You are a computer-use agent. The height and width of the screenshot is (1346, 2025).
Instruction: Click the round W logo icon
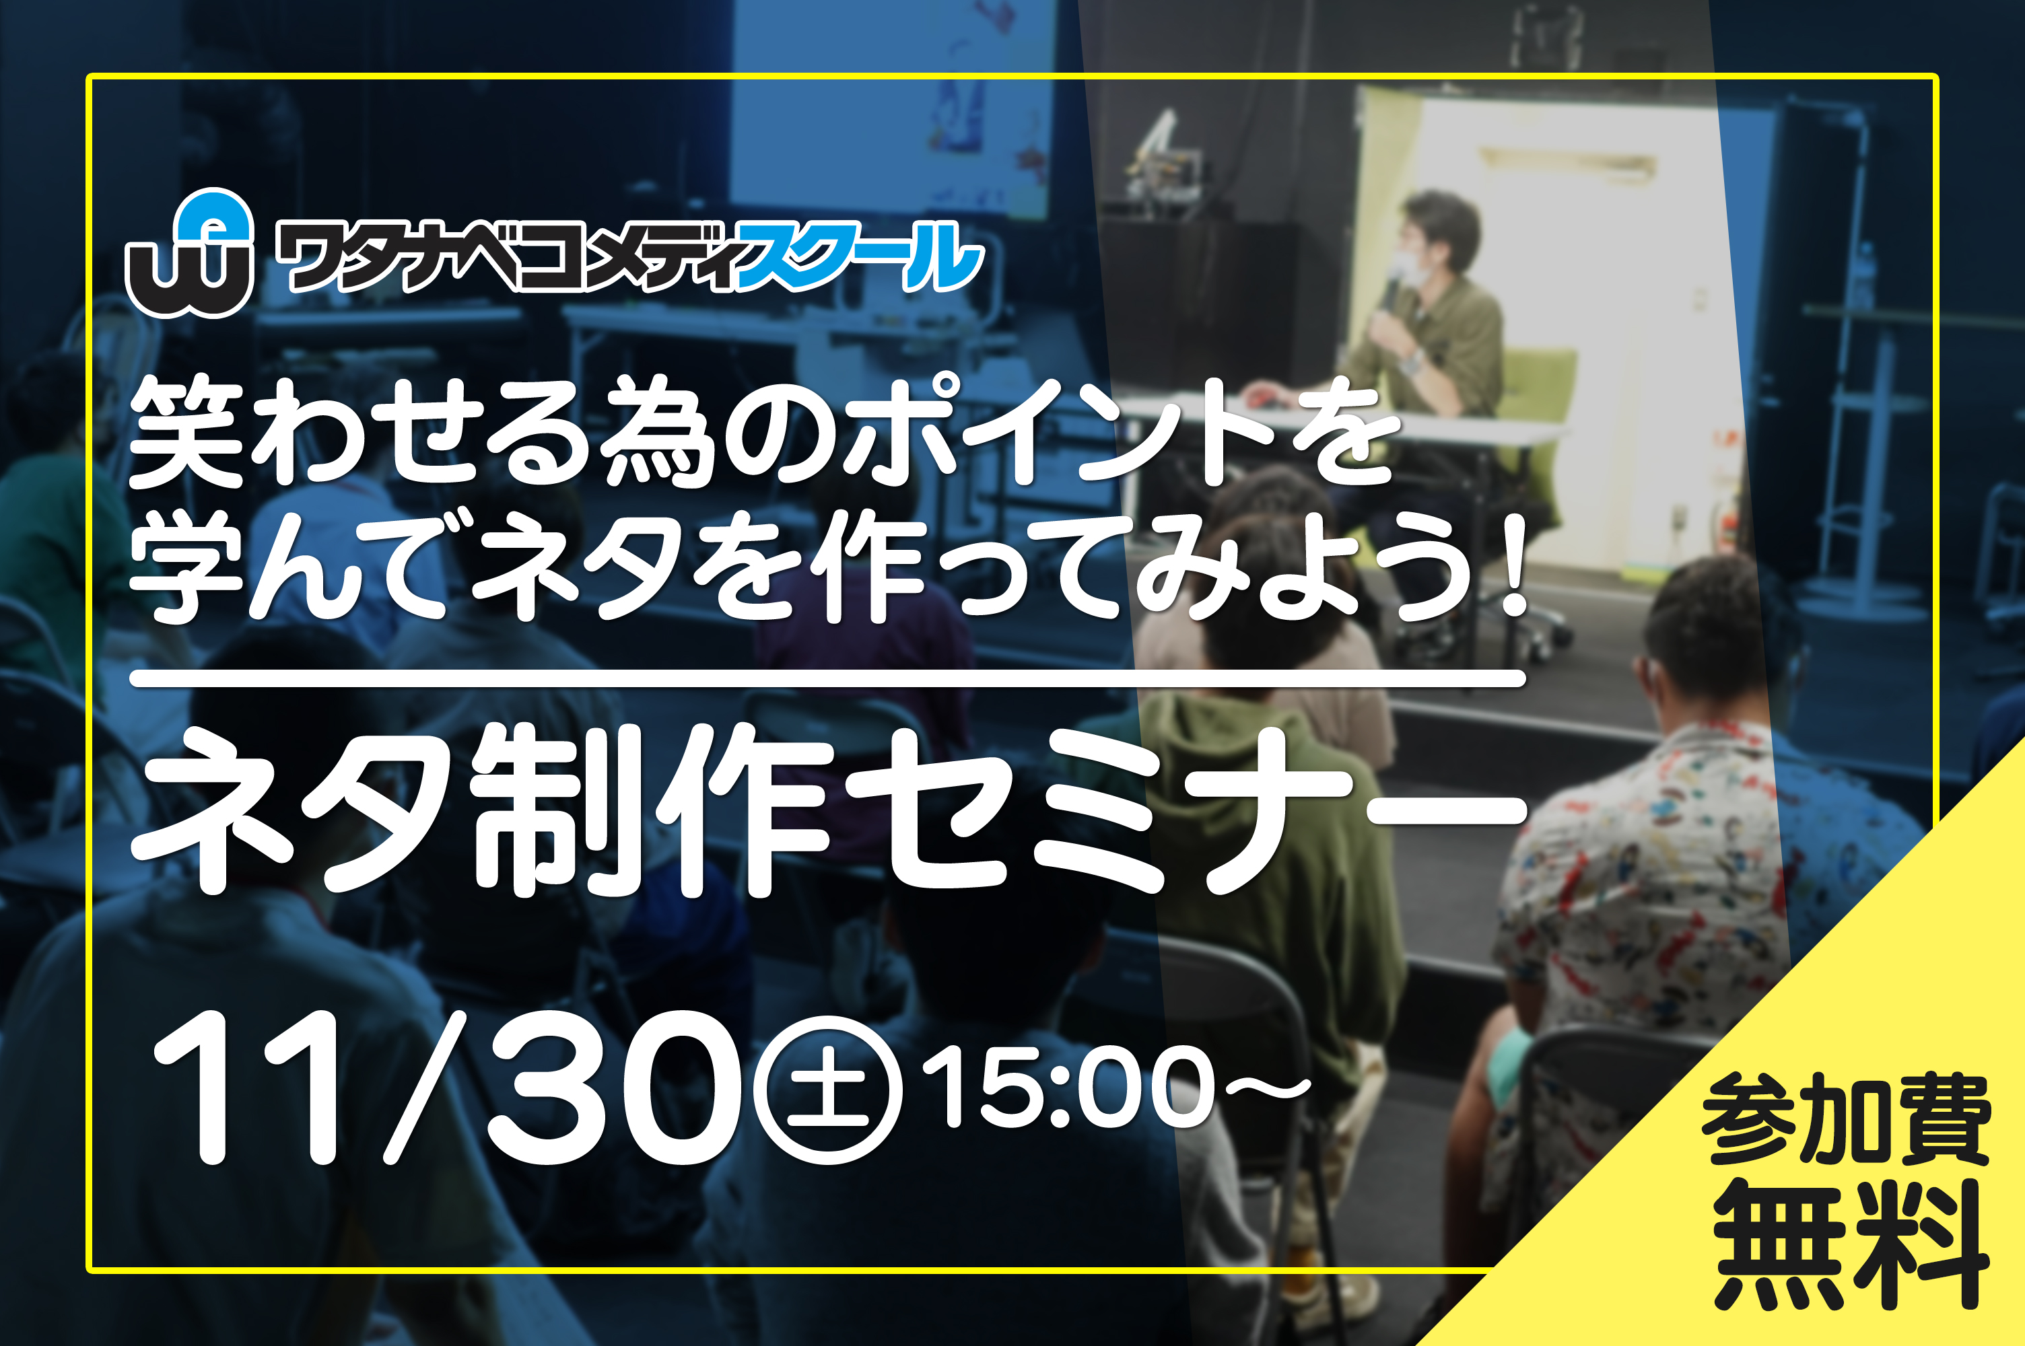click(x=190, y=253)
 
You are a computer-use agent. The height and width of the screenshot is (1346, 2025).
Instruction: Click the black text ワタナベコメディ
click(x=506, y=256)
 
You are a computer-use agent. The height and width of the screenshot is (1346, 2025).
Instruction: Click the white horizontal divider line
click(x=827, y=679)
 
